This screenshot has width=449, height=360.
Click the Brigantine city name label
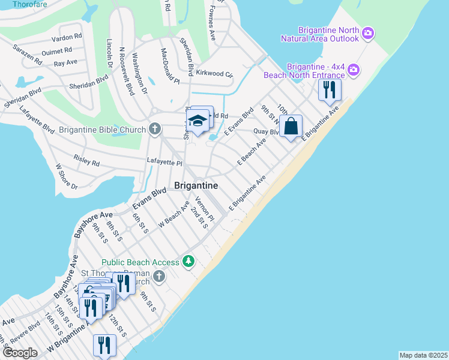(196, 186)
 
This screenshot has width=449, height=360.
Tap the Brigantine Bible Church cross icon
(155, 129)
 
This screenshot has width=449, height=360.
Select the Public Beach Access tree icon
(189, 262)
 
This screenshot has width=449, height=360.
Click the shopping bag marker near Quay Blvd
(291, 127)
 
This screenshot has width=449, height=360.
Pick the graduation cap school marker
(197, 121)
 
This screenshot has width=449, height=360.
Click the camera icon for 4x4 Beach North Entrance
(354, 69)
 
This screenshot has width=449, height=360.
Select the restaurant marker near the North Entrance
(329, 90)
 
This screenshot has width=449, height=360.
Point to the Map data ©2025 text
(423, 355)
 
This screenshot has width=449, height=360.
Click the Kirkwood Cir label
(213, 74)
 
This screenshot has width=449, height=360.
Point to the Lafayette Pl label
(164, 162)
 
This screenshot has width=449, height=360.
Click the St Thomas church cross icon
(159, 276)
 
